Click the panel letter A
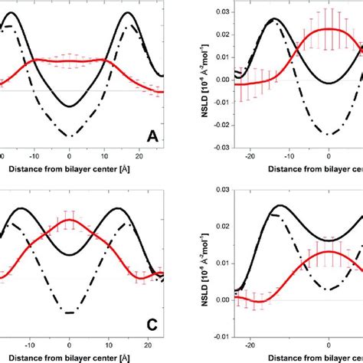152,137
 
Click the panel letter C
152,324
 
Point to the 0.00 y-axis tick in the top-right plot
220,79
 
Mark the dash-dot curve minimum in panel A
70,136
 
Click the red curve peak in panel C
70,220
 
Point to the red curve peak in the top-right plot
329,29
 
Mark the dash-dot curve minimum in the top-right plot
329,134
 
